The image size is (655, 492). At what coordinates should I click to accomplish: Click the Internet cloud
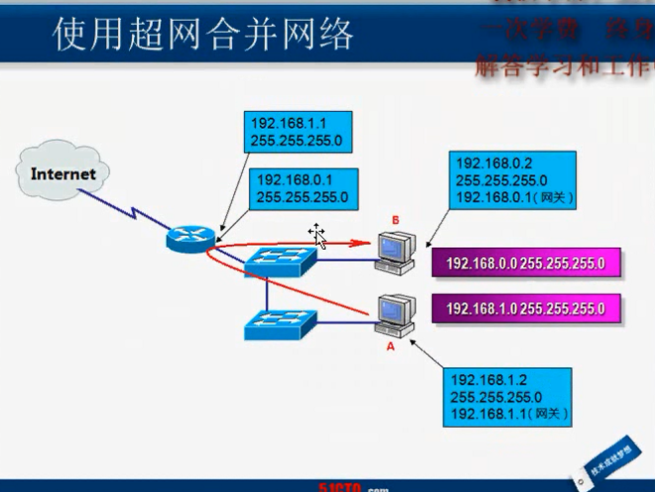click(63, 175)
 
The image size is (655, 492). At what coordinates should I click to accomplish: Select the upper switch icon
click(280, 260)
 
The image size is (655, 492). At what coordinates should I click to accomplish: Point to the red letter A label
click(390, 348)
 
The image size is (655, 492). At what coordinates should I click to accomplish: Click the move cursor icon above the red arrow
click(317, 234)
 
